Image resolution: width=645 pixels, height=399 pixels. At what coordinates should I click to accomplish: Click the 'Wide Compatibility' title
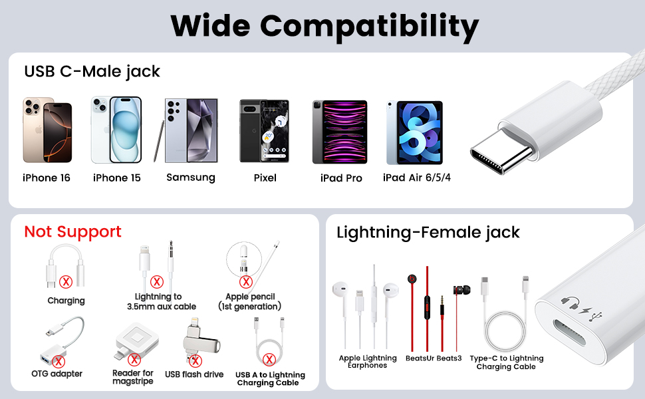click(324, 26)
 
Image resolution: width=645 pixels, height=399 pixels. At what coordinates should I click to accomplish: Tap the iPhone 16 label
click(47, 178)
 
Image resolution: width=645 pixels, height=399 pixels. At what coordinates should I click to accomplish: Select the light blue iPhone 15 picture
click(116, 130)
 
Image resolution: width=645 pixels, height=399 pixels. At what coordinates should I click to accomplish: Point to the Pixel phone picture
click(264, 130)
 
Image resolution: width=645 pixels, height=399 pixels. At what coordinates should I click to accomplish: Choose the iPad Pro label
click(341, 178)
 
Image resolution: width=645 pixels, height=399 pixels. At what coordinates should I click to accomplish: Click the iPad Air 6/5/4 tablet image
click(414, 132)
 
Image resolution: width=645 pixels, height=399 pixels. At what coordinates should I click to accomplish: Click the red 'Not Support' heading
click(72, 231)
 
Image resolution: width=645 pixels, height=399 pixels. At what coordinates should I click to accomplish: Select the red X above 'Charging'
click(66, 282)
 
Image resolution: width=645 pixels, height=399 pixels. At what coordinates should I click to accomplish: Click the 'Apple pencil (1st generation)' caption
click(250, 301)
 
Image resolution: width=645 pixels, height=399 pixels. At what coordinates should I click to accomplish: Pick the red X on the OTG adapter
click(59, 361)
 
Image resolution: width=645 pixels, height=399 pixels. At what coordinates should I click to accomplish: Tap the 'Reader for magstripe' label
click(133, 377)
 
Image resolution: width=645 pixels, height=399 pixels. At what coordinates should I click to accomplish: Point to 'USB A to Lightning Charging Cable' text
click(270, 379)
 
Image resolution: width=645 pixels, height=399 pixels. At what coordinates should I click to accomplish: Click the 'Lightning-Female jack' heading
click(428, 232)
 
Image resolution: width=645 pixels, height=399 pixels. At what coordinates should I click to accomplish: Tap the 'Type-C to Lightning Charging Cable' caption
click(507, 362)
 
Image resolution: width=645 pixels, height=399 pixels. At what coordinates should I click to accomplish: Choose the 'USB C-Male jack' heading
click(92, 71)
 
